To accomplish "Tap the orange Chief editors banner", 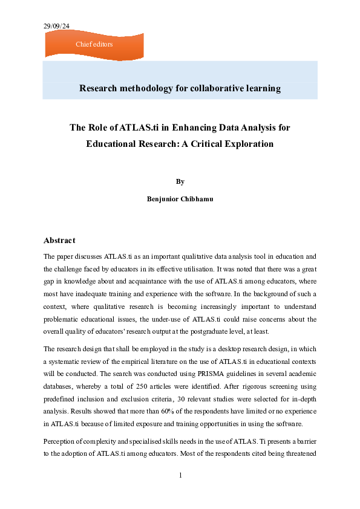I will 94,44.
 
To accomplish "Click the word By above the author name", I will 180,181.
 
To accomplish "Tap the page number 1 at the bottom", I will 180,476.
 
